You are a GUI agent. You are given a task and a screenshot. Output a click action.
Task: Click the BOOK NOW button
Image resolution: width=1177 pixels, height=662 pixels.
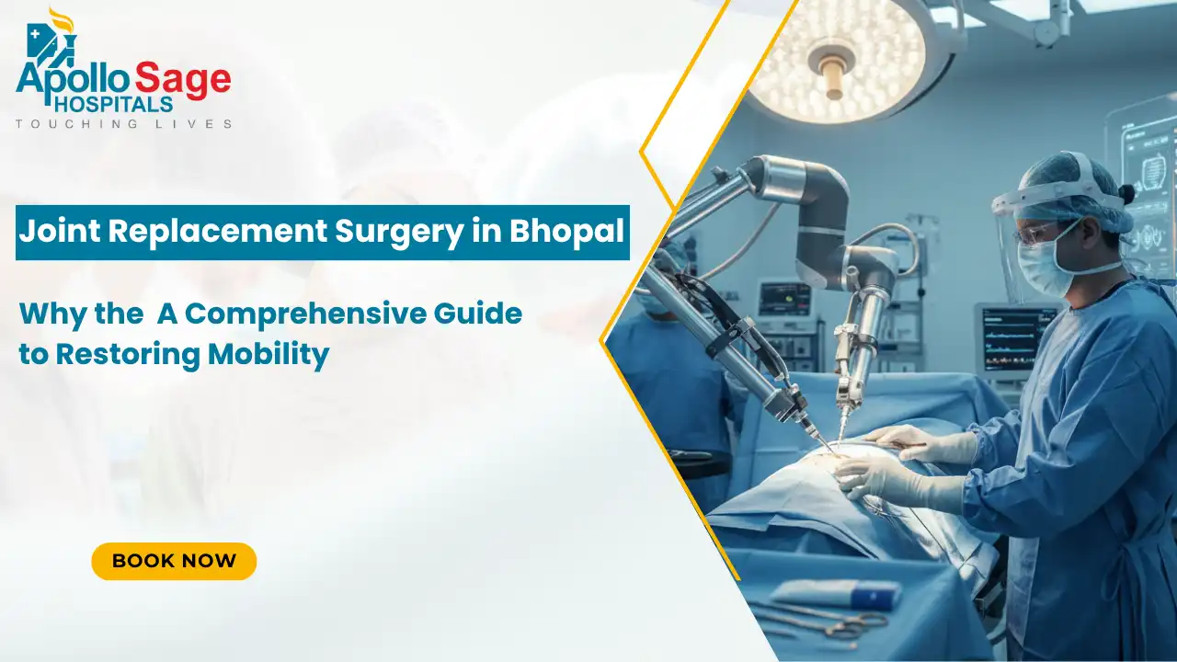click(x=174, y=561)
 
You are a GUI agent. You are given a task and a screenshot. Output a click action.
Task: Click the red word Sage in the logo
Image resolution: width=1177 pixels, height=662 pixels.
click(x=184, y=80)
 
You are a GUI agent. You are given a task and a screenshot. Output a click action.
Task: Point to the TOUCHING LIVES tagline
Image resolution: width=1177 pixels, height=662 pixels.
click(x=123, y=124)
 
